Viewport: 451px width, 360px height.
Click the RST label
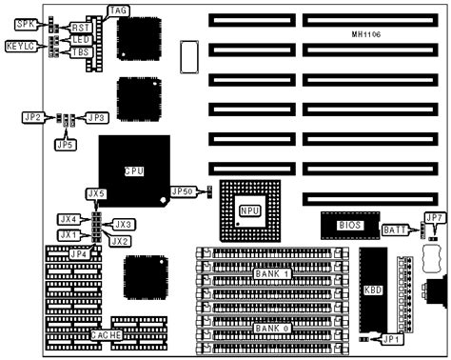80,29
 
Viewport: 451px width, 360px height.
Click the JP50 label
184,190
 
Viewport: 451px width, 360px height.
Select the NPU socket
250,210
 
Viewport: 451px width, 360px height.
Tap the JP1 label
393,338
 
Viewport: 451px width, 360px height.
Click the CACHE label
105,336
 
